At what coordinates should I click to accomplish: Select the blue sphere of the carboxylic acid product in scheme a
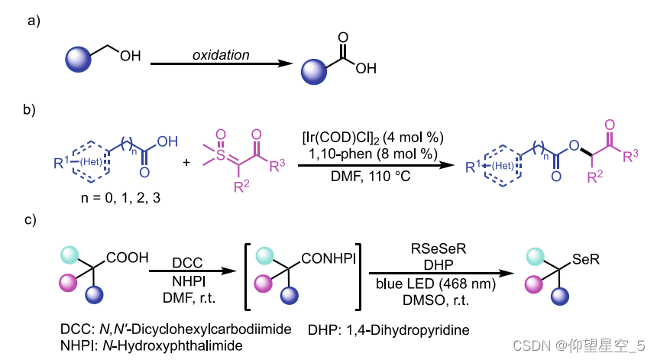click(x=313, y=71)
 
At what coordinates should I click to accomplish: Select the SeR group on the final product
click(x=584, y=260)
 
